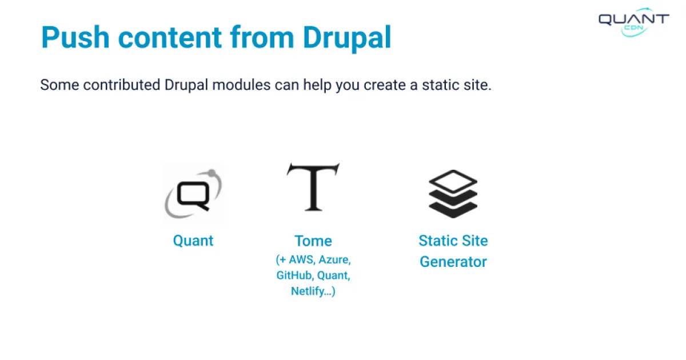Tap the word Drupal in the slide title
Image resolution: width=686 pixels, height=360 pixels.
coord(347,38)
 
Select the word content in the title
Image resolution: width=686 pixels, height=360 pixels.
coord(168,38)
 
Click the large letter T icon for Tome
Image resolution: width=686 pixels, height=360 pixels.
coord(313,187)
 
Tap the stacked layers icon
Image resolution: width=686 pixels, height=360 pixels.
coord(453,193)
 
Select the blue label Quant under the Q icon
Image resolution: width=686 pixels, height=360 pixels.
coord(193,241)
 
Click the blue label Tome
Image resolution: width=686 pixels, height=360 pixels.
coord(313,241)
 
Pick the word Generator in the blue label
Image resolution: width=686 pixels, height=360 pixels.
coord(453,262)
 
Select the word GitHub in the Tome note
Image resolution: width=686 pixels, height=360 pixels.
coord(294,275)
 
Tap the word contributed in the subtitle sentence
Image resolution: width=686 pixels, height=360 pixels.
coord(121,85)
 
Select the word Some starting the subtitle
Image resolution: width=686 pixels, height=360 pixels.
coord(59,85)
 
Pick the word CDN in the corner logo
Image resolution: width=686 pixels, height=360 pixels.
coord(633,28)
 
